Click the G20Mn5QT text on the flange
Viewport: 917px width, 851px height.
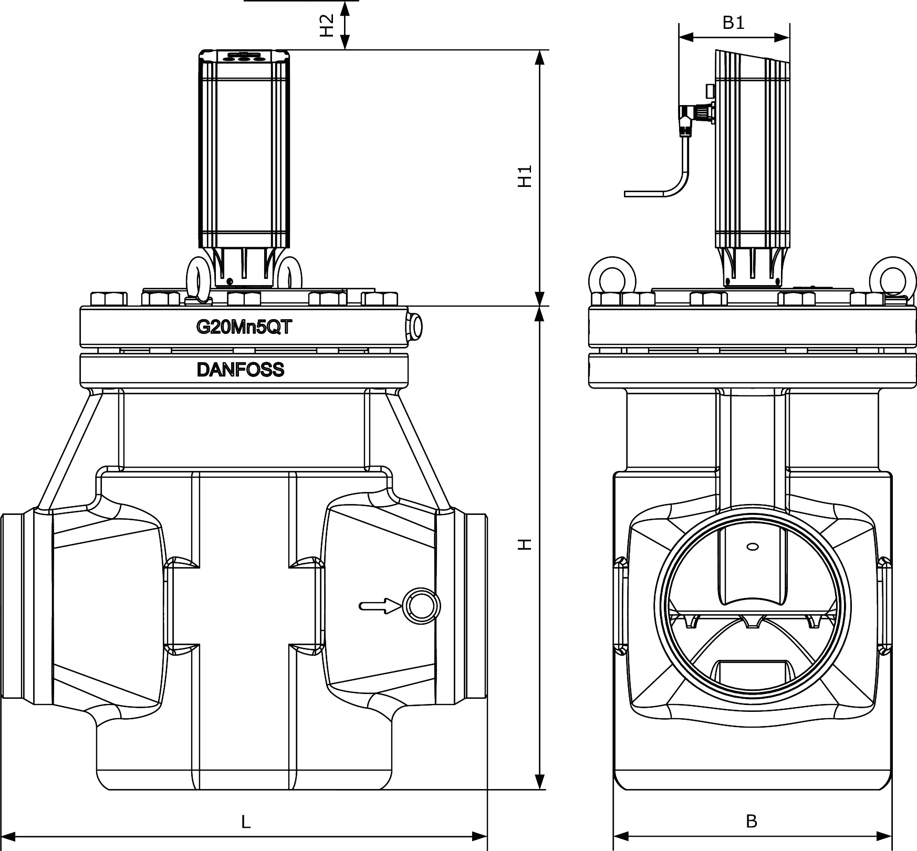[244, 327]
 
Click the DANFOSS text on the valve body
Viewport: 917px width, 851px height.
[241, 370]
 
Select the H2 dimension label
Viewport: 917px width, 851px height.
[327, 25]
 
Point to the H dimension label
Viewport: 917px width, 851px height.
[525, 544]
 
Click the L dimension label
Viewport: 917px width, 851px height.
[246, 822]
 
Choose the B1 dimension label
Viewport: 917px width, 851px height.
[733, 23]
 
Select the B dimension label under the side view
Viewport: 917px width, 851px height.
[752, 821]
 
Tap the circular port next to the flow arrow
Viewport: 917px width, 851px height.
[421, 606]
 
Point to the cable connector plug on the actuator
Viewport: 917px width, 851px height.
[696, 113]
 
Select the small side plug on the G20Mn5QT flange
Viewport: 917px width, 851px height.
[416, 326]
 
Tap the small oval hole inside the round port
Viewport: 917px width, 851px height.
[752, 547]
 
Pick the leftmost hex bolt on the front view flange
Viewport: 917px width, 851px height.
[109, 299]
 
